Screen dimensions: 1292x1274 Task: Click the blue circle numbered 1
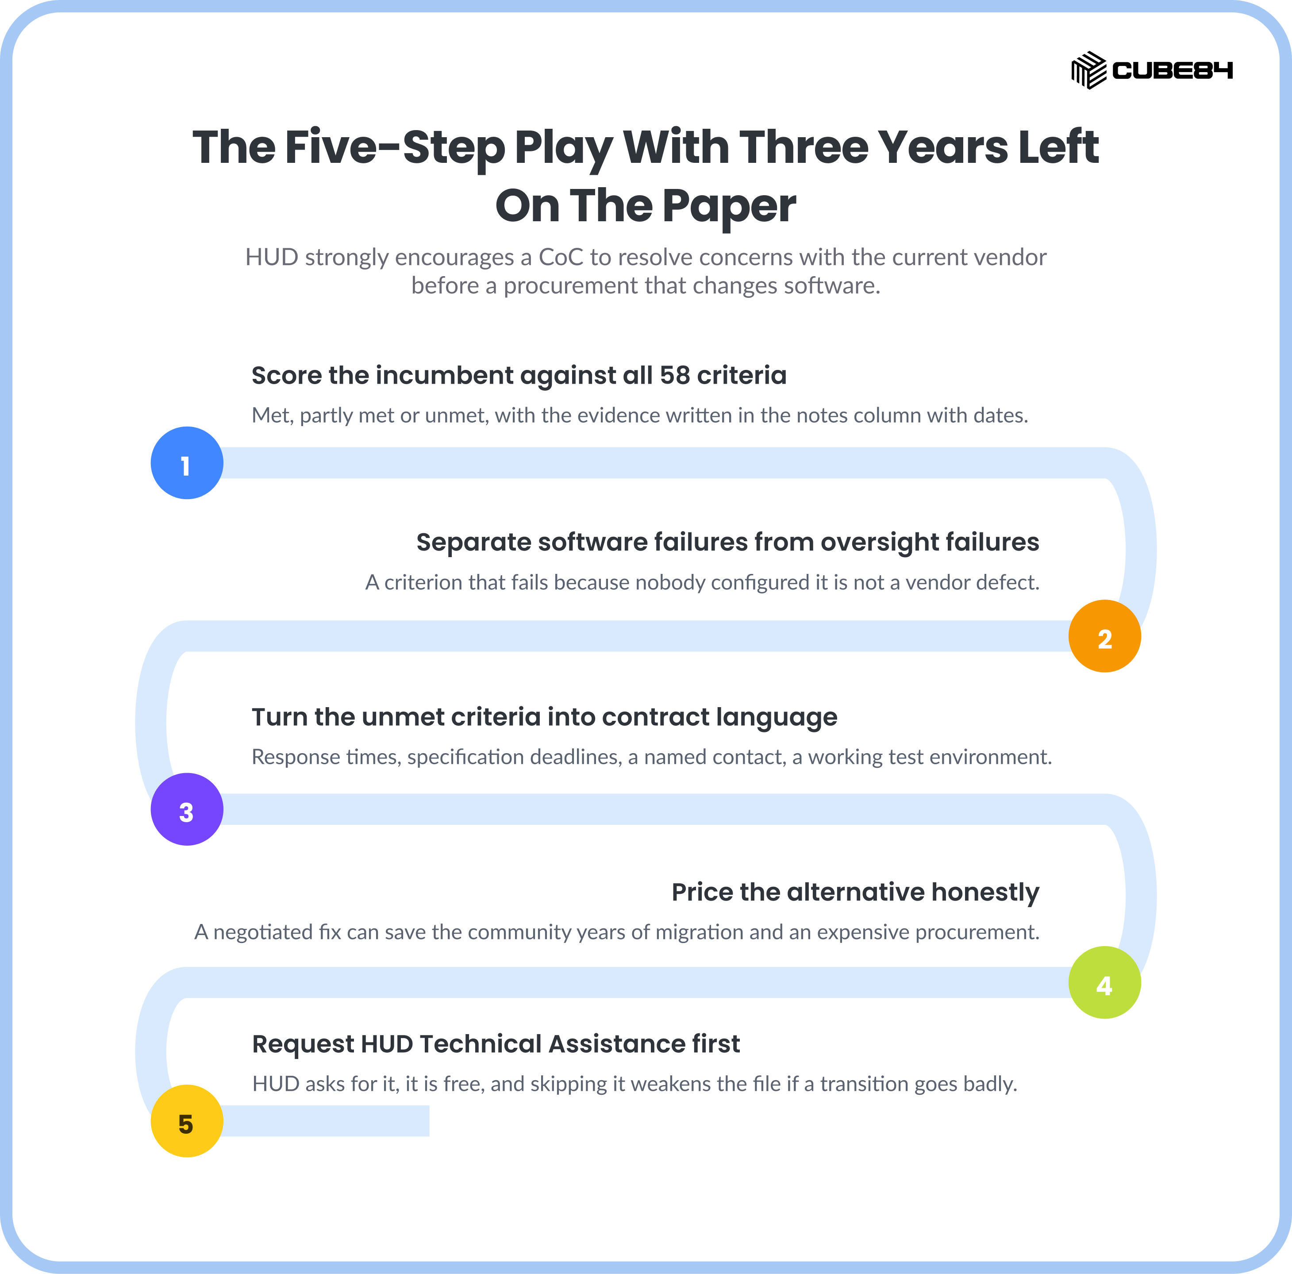pyautogui.click(x=187, y=463)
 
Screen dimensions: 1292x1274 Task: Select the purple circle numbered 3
pyautogui.click(x=187, y=809)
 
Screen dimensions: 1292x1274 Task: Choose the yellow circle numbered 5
pyautogui.click(x=187, y=1121)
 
